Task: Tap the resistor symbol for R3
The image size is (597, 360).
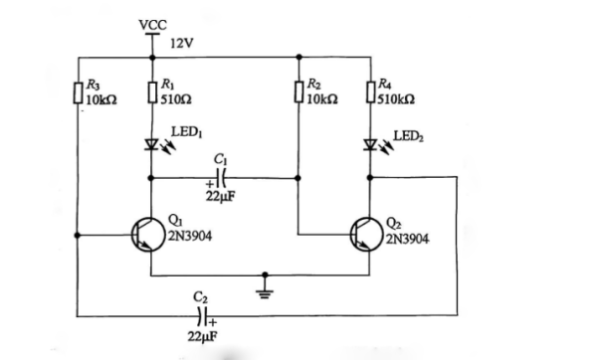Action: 78,93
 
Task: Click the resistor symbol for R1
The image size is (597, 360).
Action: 151,93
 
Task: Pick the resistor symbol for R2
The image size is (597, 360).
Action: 299,93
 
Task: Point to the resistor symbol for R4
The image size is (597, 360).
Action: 370,93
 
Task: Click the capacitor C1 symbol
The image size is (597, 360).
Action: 222,179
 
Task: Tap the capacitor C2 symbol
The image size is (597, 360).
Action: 203,317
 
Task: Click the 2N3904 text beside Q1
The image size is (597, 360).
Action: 189,237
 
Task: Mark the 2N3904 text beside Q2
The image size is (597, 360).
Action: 408,239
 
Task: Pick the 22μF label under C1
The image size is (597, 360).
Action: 220,197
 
